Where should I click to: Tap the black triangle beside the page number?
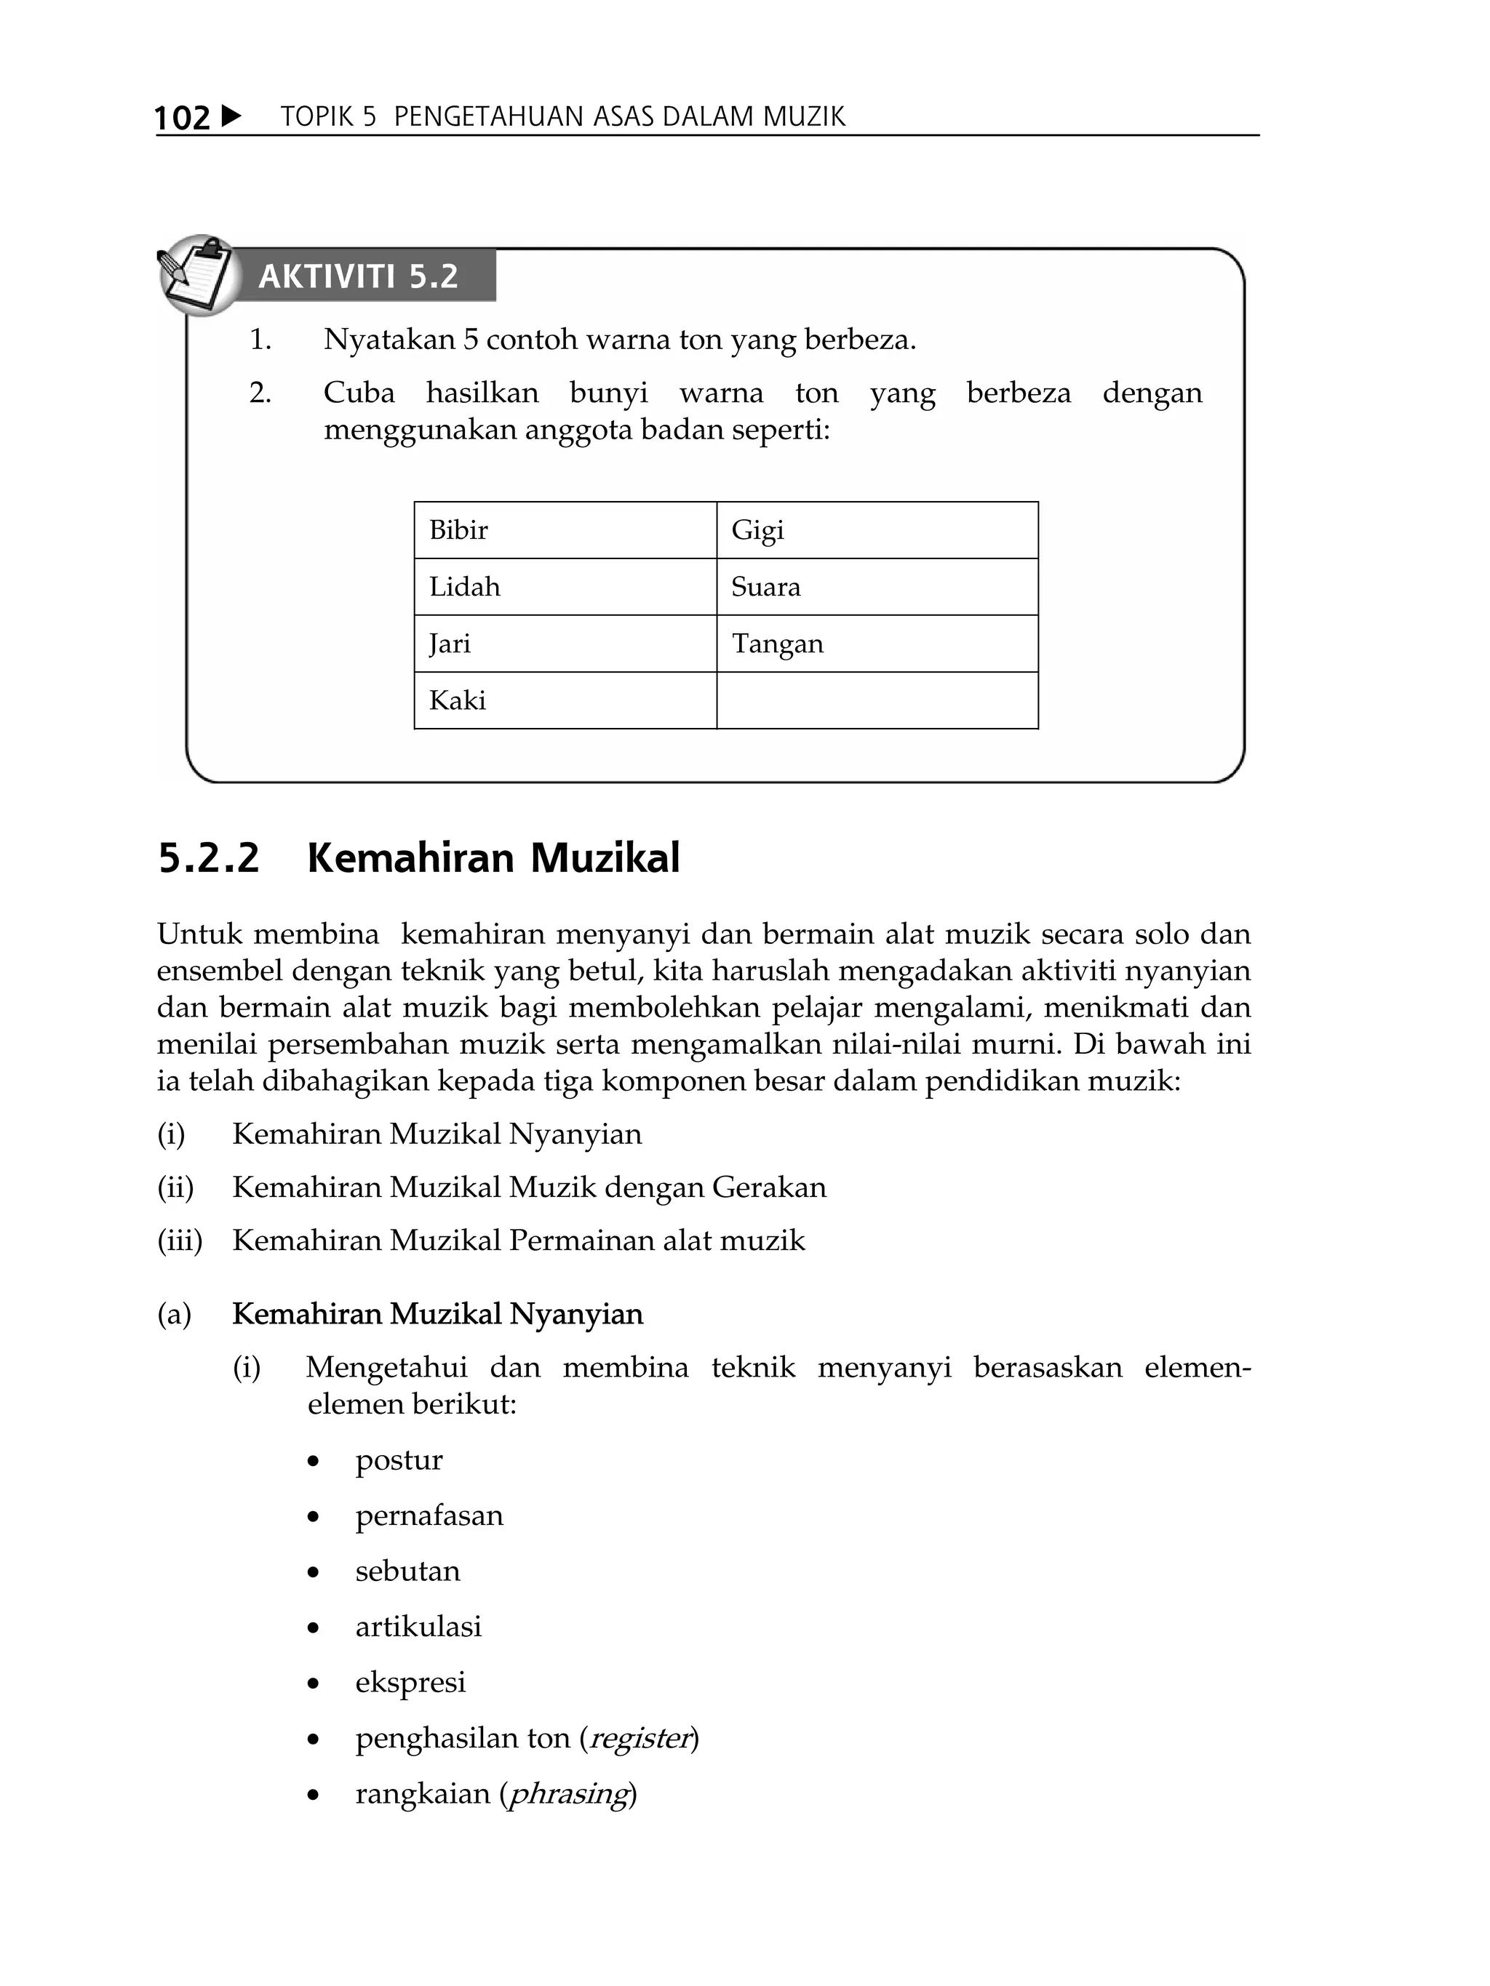tap(230, 116)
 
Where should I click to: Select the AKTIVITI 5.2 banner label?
tap(359, 276)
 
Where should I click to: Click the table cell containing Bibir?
tap(565, 529)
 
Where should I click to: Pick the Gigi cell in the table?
tap(877, 529)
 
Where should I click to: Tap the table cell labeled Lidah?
tap(565, 586)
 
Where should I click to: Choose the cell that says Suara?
tap(877, 586)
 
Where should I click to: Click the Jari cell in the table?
tap(565, 643)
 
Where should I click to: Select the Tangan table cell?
tap(877, 643)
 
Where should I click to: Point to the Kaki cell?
tap(565, 700)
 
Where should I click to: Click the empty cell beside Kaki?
tap(877, 700)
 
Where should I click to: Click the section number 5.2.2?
tap(208, 857)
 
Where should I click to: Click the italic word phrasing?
tap(567, 1793)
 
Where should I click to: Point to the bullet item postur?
tap(399, 1460)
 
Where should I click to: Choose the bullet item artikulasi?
tap(418, 1626)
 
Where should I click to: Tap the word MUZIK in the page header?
tap(804, 117)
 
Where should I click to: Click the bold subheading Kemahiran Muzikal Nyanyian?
tap(437, 1313)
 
